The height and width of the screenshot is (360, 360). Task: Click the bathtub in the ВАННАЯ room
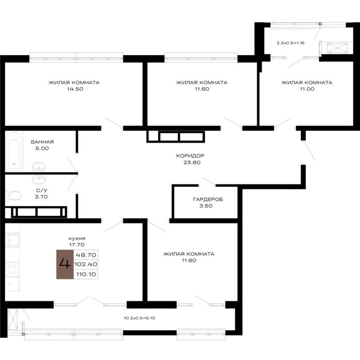[x=14, y=151]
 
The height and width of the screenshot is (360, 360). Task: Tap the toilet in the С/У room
[x=13, y=195]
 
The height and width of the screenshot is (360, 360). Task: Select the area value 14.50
[x=75, y=89]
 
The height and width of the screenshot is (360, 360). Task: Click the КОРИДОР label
[x=190, y=156]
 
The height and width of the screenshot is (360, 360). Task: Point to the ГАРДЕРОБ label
[x=208, y=200]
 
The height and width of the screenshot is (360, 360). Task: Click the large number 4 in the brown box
[x=65, y=263]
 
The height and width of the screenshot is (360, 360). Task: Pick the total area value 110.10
[x=86, y=274]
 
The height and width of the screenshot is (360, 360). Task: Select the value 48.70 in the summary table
[x=86, y=255]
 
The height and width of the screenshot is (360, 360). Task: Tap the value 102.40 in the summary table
[x=86, y=264]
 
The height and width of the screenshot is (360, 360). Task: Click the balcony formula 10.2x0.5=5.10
[x=139, y=318]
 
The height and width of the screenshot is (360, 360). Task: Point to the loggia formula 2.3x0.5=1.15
[x=291, y=43]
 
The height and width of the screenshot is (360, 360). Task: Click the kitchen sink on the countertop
[x=13, y=240]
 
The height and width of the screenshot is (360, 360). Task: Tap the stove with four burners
[x=12, y=269]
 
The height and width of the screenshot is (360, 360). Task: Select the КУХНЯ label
[x=77, y=239]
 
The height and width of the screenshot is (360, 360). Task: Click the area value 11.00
[x=307, y=89]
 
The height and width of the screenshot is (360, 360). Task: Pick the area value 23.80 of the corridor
[x=192, y=163]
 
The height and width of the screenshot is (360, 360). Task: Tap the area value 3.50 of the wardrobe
[x=206, y=206]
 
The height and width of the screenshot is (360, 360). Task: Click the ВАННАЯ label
[x=42, y=142]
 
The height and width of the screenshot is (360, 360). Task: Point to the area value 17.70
[x=77, y=245]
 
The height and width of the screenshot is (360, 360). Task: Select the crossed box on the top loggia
[x=336, y=48]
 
